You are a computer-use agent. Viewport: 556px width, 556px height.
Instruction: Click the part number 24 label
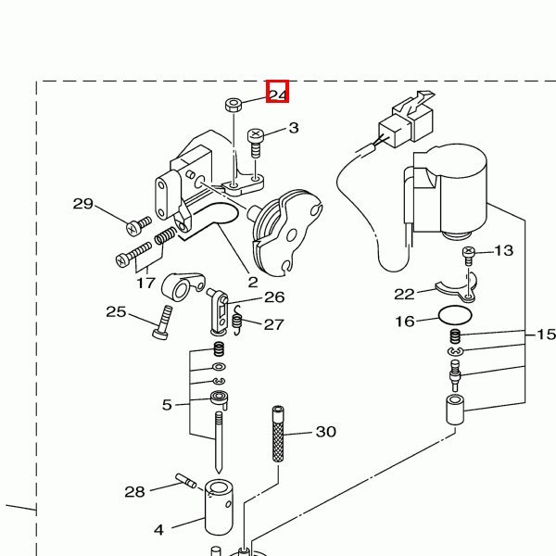[x=278, y=95]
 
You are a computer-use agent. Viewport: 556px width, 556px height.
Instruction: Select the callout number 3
[x=294, y=128]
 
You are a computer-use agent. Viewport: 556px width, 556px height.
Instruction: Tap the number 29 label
[x=83, y=204]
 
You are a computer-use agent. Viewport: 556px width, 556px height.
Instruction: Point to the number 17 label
[x=145, y=283]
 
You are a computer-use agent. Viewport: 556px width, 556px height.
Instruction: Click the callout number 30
[x=326, y=432]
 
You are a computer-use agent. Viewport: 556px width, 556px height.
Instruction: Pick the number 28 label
[x=134, y=492]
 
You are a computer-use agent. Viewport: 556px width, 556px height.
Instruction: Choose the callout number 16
[x=405, y=322]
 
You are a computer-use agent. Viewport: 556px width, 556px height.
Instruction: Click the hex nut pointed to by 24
[x=234, y=105]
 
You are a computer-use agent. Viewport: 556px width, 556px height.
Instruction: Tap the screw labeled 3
[x=256, y=143]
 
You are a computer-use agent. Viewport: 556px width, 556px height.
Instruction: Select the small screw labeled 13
[x=469, y=256]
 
